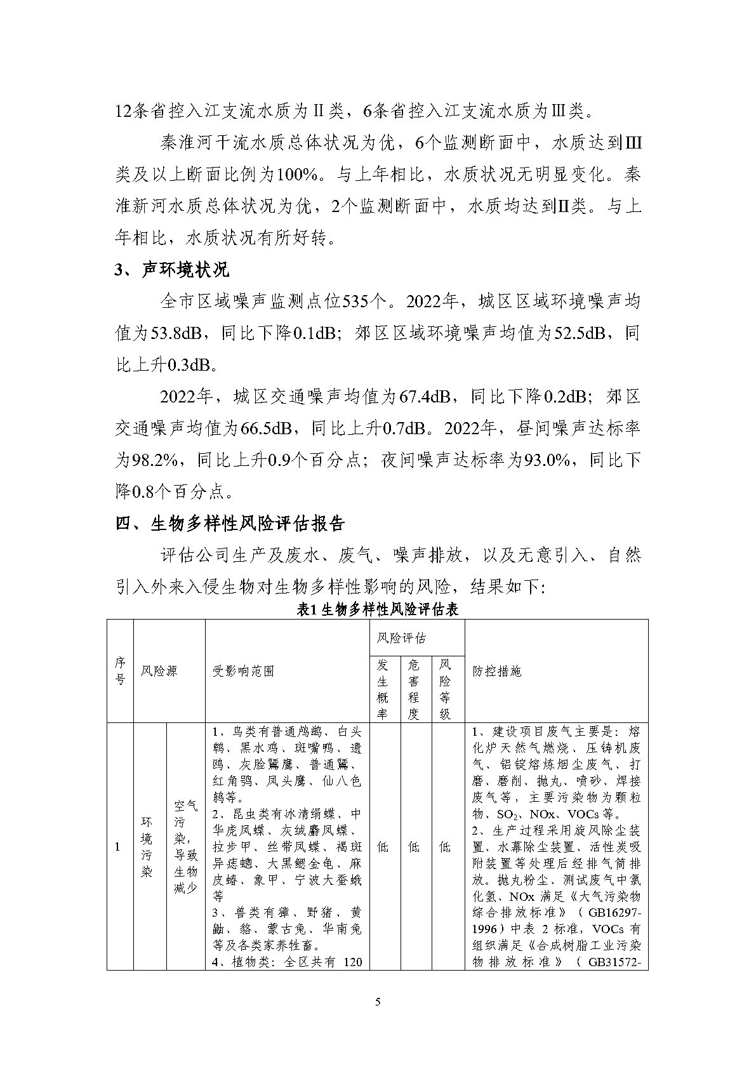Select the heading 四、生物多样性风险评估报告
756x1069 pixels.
(230, 524)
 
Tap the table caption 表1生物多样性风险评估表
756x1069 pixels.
(378, 610)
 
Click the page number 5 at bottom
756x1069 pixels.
(378, 1002)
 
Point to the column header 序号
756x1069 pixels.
(120, 671)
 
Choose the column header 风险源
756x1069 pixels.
(159, 671)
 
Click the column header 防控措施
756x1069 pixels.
(497, 671)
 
